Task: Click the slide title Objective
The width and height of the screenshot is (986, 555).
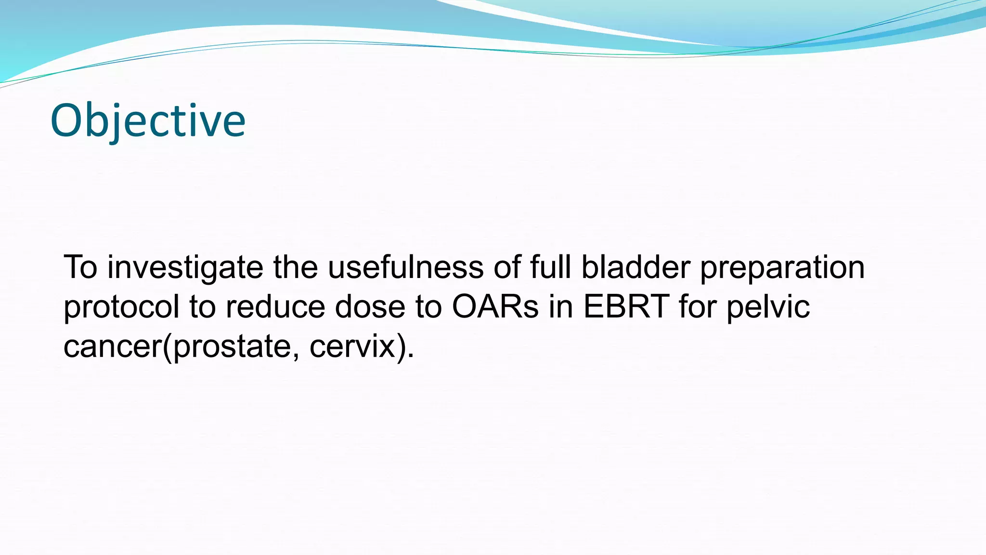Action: pyautogui.click(x=148, y=120)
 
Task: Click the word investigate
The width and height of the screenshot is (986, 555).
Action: pyautogui.click(x=185, y=268)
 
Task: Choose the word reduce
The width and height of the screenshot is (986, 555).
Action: pyautogui.click(x=275, y=307)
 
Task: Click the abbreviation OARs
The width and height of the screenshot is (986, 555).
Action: pyautogui.click(x=495, y=307)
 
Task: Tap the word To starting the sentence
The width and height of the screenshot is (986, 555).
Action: pyautogui.click(x=80, y=268)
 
